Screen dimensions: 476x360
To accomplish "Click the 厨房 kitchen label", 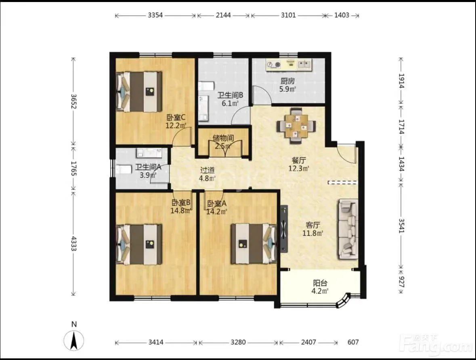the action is pos(287,81).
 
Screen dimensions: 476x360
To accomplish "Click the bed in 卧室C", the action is pos(139,91).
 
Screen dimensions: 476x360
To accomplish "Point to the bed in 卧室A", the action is pos(254,244).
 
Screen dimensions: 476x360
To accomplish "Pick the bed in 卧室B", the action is pos(139,244).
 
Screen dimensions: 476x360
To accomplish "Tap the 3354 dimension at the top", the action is pos(155,15).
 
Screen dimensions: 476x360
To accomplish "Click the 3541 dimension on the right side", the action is pos(401,226).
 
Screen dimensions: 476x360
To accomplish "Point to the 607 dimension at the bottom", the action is pos(353,342).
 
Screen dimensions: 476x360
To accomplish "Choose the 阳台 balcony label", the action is pos(320,283).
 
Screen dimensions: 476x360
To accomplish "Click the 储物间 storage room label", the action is pos(223,138).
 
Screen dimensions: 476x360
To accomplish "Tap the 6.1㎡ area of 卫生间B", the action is pos(230,103).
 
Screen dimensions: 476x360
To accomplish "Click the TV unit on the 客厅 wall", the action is pos(284,229).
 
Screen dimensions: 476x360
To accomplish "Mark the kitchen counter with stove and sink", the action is pos(289,65).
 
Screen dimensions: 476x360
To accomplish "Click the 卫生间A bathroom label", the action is pos(148,167).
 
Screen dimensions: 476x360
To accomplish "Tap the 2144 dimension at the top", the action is pos(223,15).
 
